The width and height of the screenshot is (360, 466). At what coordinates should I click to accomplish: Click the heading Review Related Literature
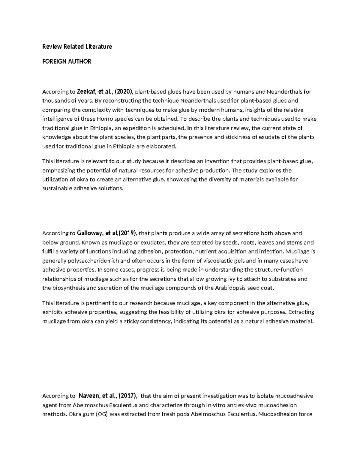(x=77, y=47)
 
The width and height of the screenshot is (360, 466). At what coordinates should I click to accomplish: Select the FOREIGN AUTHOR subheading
(x=67, y=62)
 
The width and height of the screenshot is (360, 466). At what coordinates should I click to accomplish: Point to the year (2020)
(x=124, y=92)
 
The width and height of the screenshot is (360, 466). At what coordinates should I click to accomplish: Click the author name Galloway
(x=90, y=233)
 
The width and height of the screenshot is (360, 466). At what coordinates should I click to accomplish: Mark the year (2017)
(x=128, y=396)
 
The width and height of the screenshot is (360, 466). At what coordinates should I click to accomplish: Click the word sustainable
(x=57, y=189)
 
